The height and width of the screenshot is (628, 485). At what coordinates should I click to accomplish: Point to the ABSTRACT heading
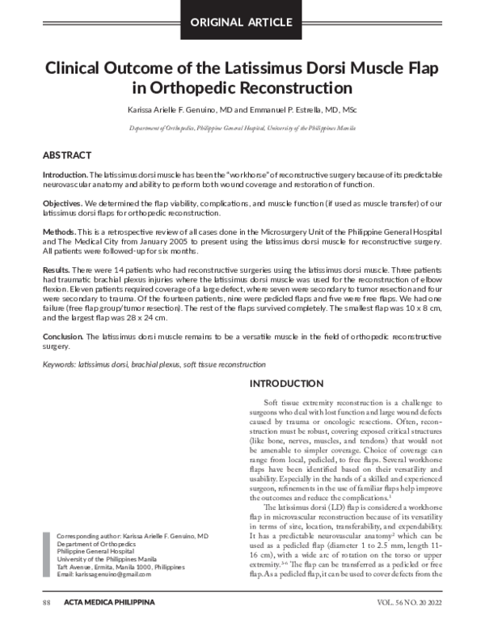(x=66, y=155)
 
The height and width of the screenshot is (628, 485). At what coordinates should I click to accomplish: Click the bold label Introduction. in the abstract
(x=65, y=175)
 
